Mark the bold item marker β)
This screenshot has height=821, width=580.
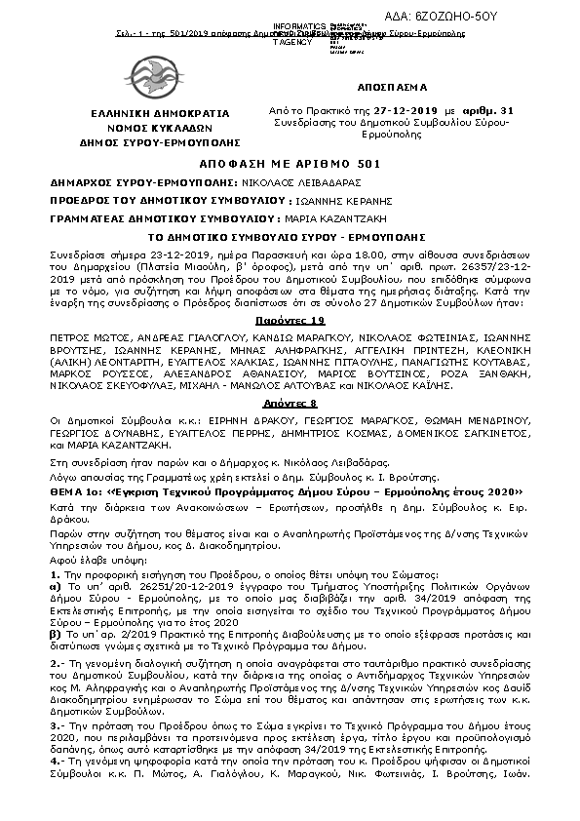point(56,634)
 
